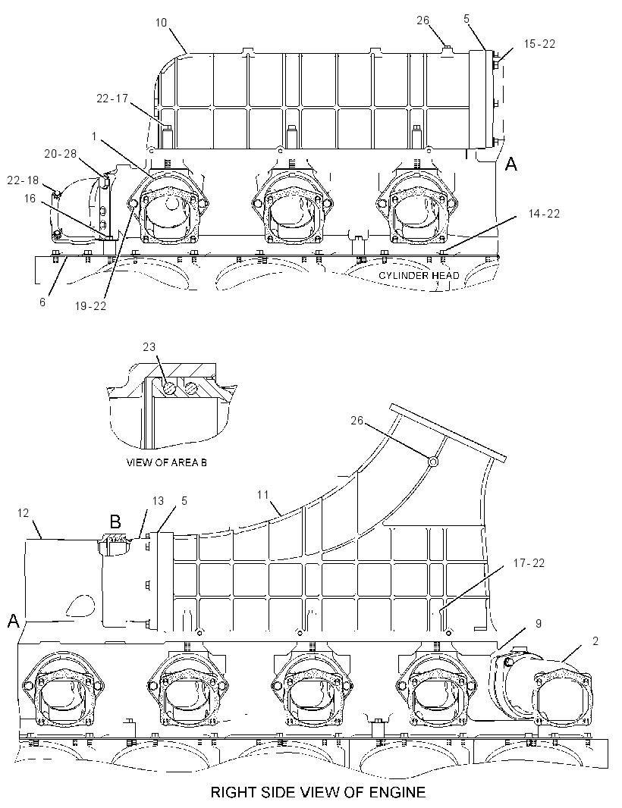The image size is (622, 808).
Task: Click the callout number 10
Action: click(x=161, y=23)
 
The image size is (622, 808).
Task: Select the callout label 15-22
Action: click(x=539, y=44)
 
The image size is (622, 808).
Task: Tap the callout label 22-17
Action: click(x=112, y=98)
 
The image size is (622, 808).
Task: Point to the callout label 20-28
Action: click(x=60, y=154)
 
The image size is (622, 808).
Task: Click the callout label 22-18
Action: click(x=23, y=180)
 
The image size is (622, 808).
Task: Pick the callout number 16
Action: click(x=30, y=198)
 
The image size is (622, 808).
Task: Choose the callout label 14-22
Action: click(x=544, y=213)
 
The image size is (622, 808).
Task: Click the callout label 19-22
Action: click(x=90, y=305)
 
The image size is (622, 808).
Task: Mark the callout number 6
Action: click(x=42, y=302)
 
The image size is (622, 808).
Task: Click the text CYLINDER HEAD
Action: click(x=419, y=275)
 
